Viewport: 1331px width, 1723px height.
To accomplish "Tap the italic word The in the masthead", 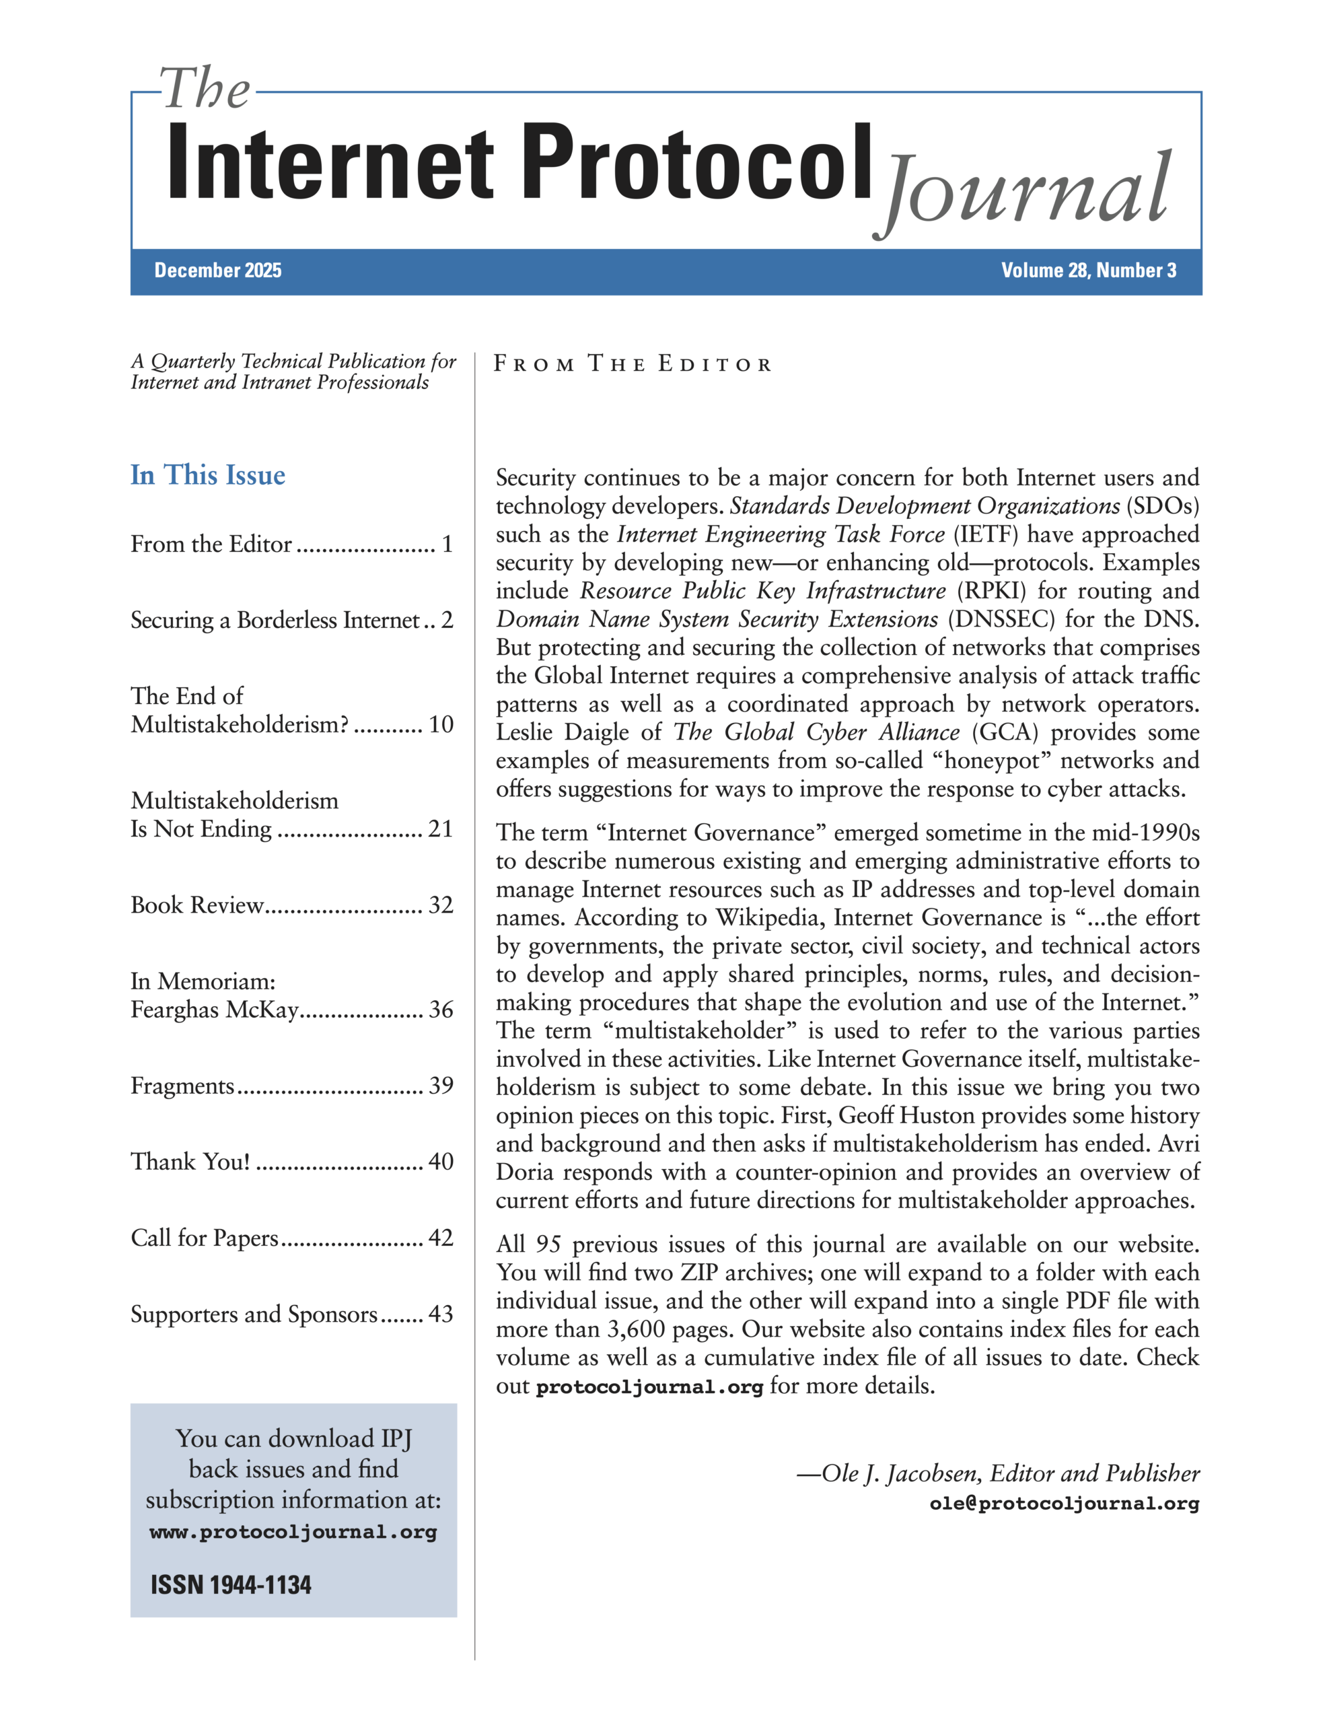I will (x=206, y=88).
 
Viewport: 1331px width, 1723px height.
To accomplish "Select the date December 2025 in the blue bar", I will (x=218, y=271).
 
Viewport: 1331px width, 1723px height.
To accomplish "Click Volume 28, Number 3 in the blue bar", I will (x=1088, y=271).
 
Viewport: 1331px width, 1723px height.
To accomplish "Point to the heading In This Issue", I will (x=207, y=475).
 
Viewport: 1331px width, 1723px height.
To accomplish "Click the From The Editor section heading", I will (x=632, y=365).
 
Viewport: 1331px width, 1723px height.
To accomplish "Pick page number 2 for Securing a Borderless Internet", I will (x=447, y=620).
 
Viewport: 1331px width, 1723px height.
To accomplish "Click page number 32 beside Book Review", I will (x=440, y=905).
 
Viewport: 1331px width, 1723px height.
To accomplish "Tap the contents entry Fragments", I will (x=182, y=1086).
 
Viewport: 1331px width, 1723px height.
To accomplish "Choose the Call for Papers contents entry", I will (x=205, y=1238).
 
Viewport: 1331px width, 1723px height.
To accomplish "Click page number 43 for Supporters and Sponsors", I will (x=440, y=1314).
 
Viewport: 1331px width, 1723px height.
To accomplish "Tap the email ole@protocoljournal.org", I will (x=1064, y=1504).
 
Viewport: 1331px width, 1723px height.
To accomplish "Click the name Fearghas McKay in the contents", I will (x=215, y=1010).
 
